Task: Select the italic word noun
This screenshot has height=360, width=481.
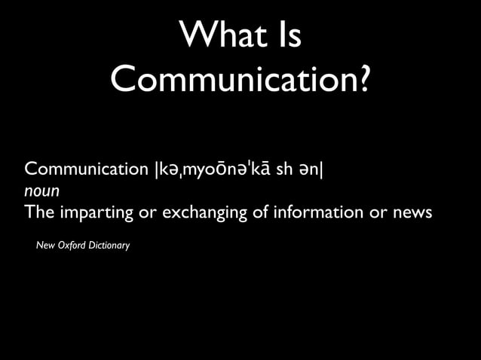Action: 41,191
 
